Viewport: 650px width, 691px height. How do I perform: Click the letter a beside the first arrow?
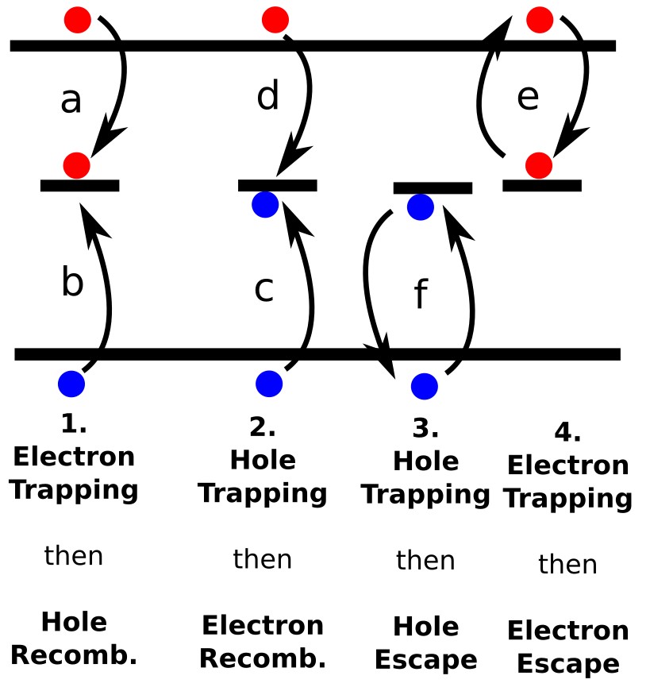[x=71, y=102]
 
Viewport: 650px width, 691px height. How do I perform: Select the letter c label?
[x=263, y=290]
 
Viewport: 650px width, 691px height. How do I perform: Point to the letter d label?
[x=268, y=96]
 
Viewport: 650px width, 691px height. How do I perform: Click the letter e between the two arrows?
[x=528, y=98]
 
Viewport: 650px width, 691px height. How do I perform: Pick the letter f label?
[x=421, y=295]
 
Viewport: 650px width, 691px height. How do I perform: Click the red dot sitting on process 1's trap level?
[x=77, y=165]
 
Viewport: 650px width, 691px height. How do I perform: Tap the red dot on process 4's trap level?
[x=539, y=165]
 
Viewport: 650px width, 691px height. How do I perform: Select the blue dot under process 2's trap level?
[x=265, y=204]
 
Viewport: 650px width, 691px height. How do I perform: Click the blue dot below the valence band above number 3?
[x=425, y=386]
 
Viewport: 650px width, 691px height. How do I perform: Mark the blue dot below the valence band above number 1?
[x=71, y=383]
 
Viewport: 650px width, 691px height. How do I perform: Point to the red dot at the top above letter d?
[x=275, y=20]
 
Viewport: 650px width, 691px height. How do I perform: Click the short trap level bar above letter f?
[x=433, y=188]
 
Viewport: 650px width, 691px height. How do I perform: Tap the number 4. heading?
[x=567, y=433]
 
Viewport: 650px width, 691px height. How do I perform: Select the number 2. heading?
[x=262, y=428]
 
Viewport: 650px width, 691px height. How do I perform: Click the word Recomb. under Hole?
[x=74, y=656]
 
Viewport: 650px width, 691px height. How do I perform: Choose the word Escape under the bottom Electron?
[x=568, y=664]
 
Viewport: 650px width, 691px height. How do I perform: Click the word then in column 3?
[x=425, y=561]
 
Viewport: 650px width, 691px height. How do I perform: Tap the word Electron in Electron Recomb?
[x=263, y=625]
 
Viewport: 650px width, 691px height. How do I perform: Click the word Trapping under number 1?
[x=74, y=489]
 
